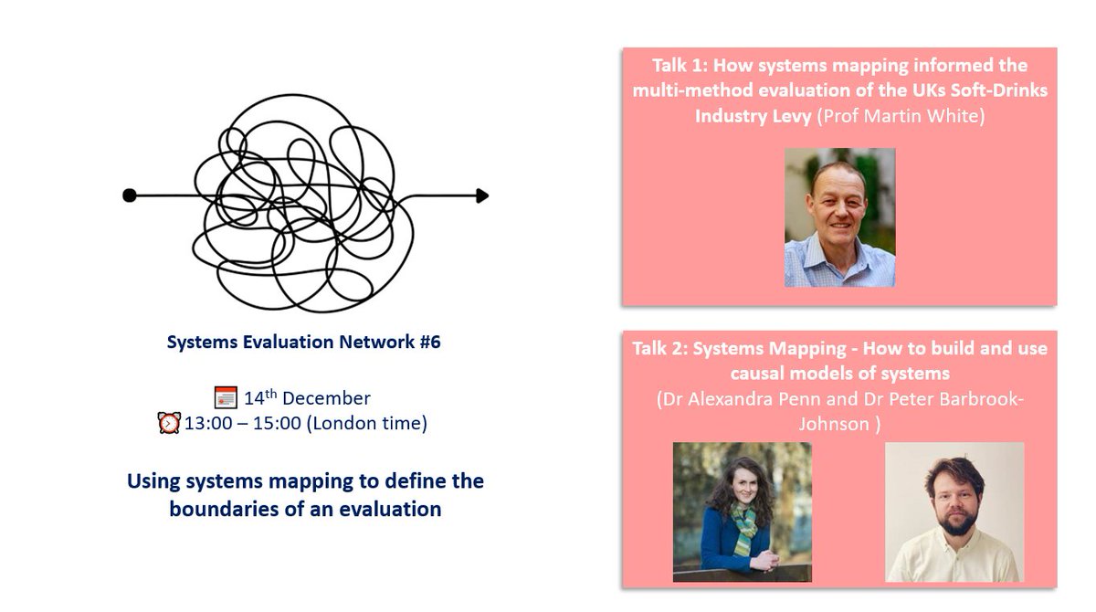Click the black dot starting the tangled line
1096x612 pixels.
[x=130, y=195]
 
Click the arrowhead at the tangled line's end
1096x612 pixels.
[x=481, y=195]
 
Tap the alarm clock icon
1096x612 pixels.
[x=169, y=424]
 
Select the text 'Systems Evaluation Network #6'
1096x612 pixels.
[x=303, y=343]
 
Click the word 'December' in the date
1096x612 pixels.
[x=327, y=398]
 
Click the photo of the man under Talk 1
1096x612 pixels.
[x=839, y=217]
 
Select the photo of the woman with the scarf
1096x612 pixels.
[x=742, y=512]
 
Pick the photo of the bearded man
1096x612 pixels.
[x=954, y=512]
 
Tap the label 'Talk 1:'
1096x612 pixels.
[x=683, y=66]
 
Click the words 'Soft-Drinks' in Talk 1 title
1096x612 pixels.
[x=1001, y=90]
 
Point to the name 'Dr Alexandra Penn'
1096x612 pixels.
[x=745, y=399]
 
